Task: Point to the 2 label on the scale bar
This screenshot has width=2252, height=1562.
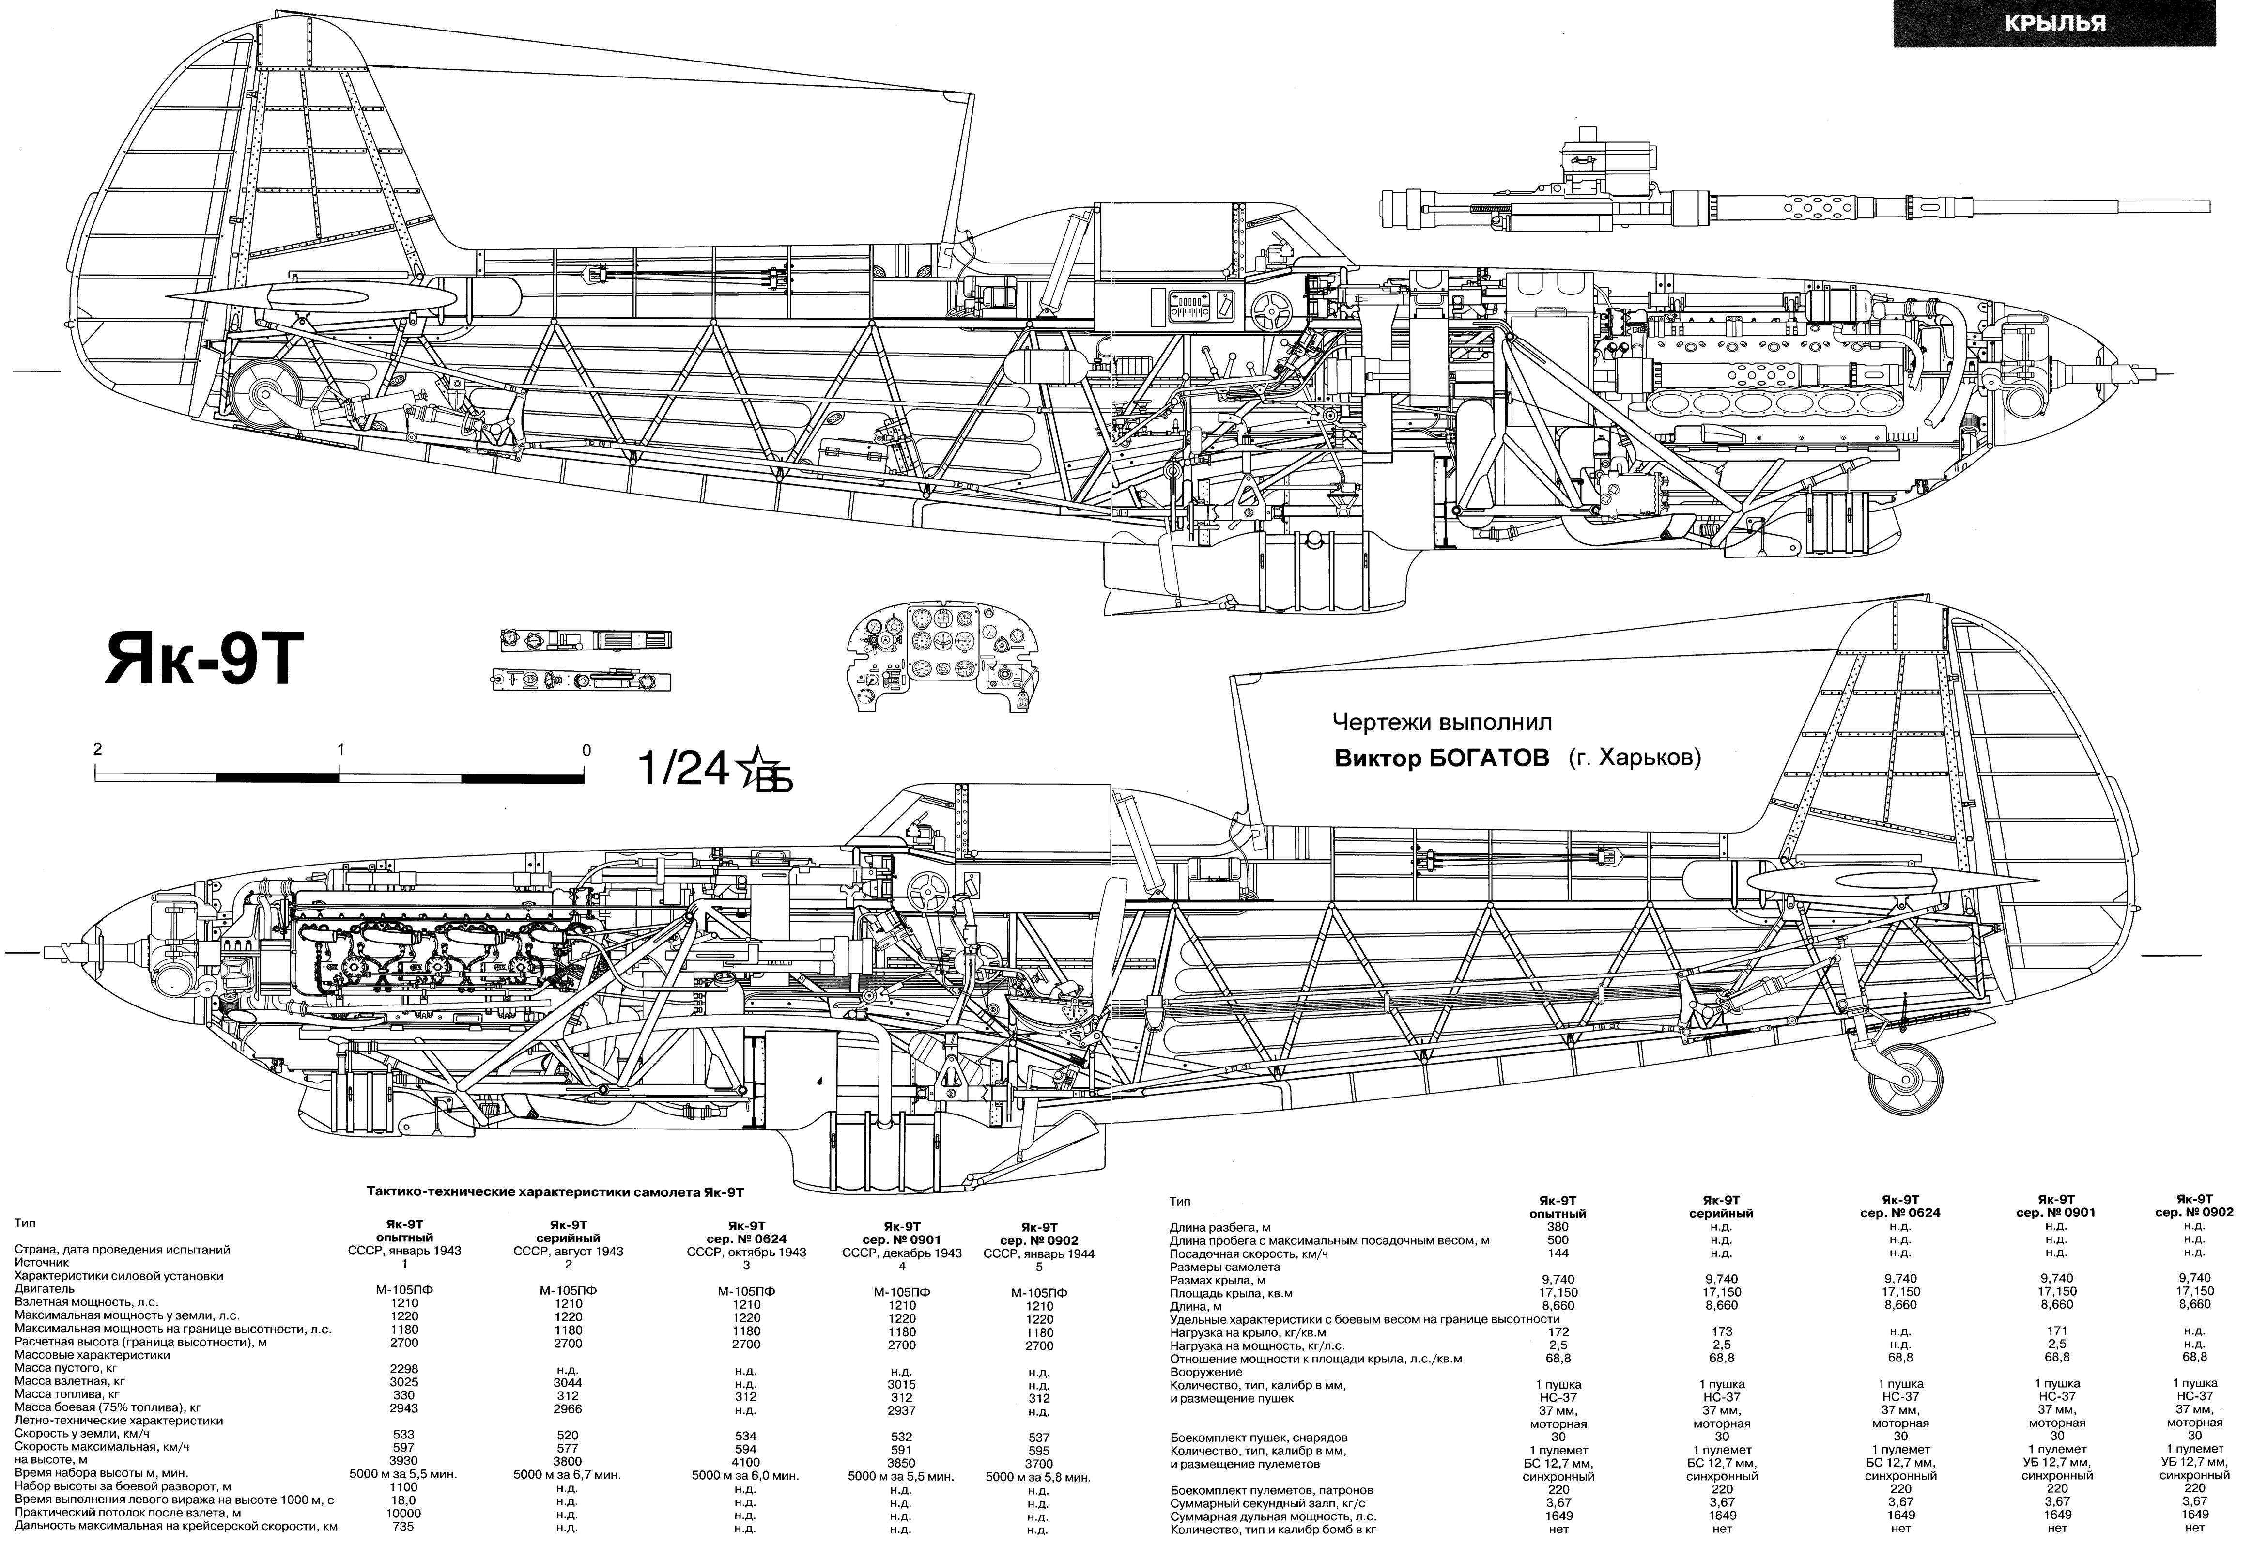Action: coord(97,750)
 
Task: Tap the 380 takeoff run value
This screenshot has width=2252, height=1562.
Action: coord(1557,1226)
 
